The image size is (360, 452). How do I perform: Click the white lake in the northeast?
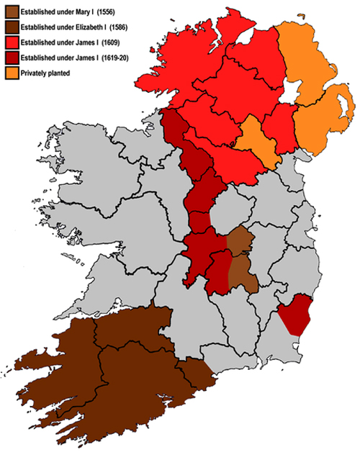[x=290, y=94]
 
